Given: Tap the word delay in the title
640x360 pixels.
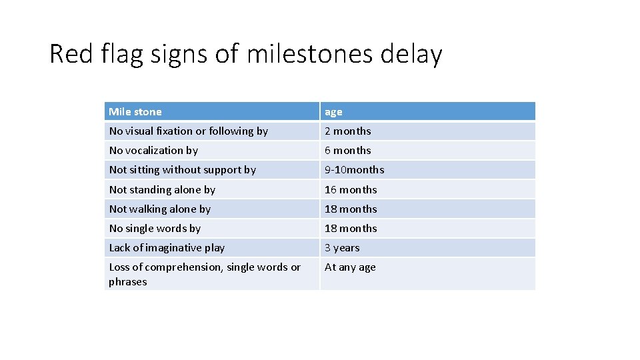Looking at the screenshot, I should [411, 54].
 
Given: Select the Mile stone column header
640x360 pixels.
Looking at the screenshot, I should [135, 112].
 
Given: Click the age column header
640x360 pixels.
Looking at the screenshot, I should [333, 112].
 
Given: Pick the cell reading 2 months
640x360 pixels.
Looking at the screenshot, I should [347, 131].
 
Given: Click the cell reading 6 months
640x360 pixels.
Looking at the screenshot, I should [347, 151].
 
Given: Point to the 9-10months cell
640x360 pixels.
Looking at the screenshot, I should [354, 170].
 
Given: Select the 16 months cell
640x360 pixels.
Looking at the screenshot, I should [351, 190].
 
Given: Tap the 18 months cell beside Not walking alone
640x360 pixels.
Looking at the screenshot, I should [351, 209].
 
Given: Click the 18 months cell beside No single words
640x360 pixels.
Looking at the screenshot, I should [351, 229].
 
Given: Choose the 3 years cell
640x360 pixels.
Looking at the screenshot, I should [342, 248].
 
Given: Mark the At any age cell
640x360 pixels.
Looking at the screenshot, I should [350, 267].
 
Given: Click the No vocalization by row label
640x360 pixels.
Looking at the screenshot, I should [153, 151].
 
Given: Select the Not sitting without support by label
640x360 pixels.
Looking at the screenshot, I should [182, 170].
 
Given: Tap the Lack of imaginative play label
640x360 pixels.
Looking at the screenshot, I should [167, 248].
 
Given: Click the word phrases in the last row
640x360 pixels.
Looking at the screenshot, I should [128, 282].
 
